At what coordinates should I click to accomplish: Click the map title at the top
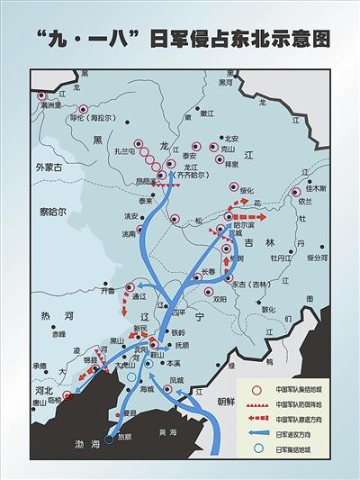point(180,38)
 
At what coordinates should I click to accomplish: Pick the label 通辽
point(138,295)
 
